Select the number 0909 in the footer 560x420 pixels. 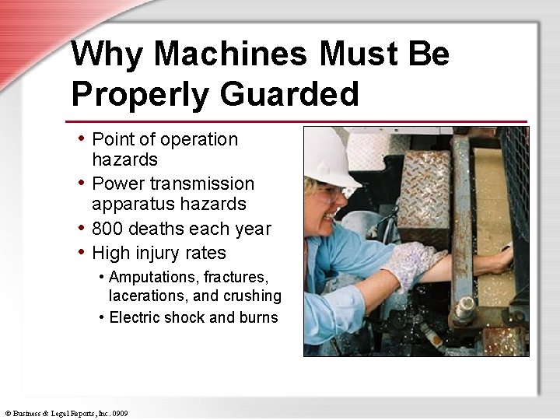coord(119,413)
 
